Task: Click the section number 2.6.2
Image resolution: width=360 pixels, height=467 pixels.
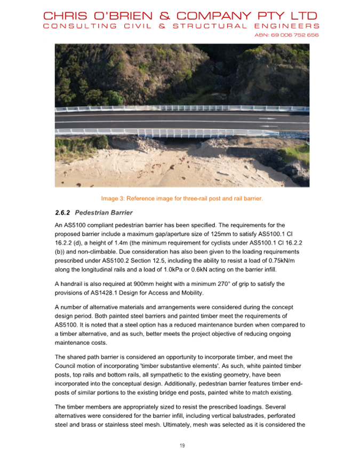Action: pyautogui.click(x=63, y=212)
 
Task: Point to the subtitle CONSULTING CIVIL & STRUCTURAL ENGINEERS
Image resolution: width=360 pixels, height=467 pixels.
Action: pyautogui.click(x=181, y=26)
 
